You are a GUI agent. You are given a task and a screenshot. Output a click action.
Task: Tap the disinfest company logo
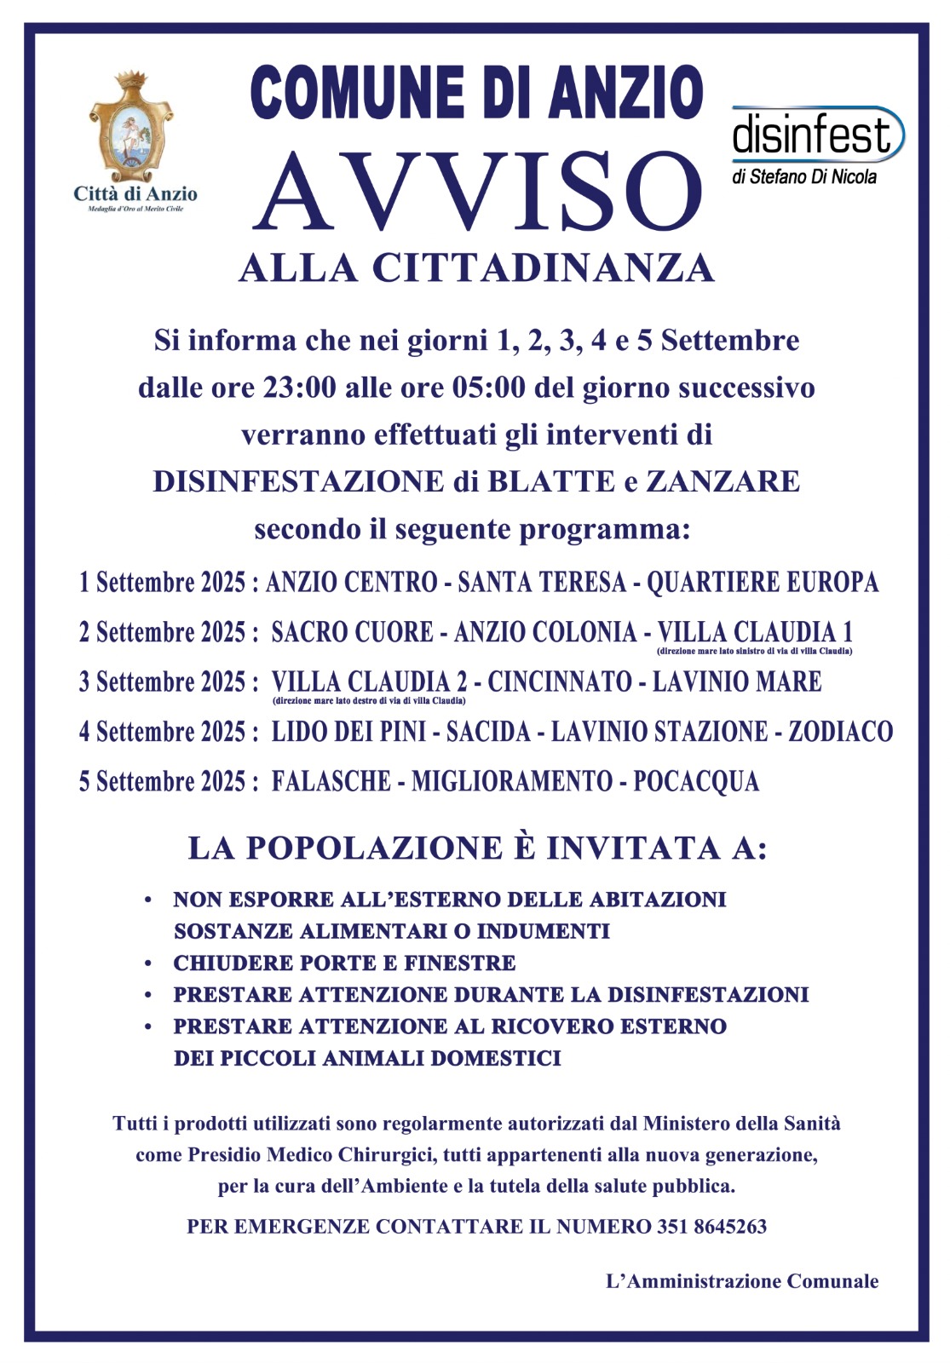[815, 136]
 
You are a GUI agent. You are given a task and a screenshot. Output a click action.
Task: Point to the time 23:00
[299, 388]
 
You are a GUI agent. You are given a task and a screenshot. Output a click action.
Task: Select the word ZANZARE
[723, 481]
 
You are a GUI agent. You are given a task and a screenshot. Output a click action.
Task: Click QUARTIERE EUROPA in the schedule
[763, 583]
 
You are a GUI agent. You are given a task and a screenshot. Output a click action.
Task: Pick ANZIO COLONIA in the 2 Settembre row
[544, 632]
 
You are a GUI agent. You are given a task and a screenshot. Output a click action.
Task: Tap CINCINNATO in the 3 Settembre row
[560, 681]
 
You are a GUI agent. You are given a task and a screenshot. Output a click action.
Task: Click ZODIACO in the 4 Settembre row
[840, 732]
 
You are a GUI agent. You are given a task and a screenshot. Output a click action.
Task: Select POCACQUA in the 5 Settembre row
[695, 781]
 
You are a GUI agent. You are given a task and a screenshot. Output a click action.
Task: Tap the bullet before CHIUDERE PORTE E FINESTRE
[149, 963]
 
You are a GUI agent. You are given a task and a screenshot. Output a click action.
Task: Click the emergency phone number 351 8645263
[711, 1227]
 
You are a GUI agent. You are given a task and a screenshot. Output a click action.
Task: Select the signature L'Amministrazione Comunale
[741, 1281]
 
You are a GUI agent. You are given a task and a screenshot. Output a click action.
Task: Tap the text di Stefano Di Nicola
[803, 177]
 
